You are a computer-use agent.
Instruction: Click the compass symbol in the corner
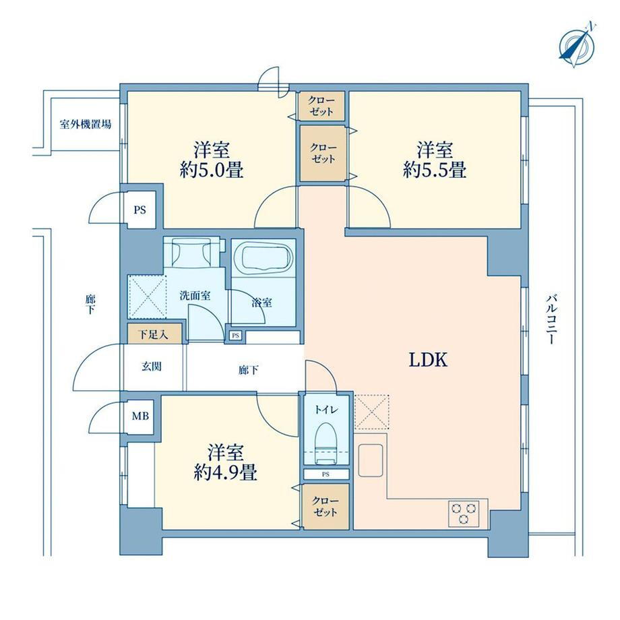[x=577, y=46]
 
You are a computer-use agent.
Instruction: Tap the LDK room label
[x=428, y=361]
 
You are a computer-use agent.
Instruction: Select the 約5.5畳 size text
[x=435, y=170]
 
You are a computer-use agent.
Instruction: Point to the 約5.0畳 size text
[x=212, y=170]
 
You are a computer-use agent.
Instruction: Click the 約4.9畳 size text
[x=225, y=472]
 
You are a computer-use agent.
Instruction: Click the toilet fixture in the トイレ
[x=325, y=443]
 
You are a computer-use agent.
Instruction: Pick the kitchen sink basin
[x=371, y=460]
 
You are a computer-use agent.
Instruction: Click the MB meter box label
[x=140, y=416]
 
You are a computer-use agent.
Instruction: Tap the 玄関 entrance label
[x=152, y=367]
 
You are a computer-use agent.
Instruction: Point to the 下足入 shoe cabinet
[x=154, y=334]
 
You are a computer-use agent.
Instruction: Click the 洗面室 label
[x=195, y=296]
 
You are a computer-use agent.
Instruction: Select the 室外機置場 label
[x=86, y=124]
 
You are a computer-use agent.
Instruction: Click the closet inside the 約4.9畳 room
[x=325, y=507]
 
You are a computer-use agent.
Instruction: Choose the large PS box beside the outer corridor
[x=140, y=210]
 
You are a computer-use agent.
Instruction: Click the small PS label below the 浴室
[x=236, y=336]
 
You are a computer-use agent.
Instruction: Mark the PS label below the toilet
[x=325, y=474]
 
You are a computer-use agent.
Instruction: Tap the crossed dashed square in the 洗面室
[x=147, y=296]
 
